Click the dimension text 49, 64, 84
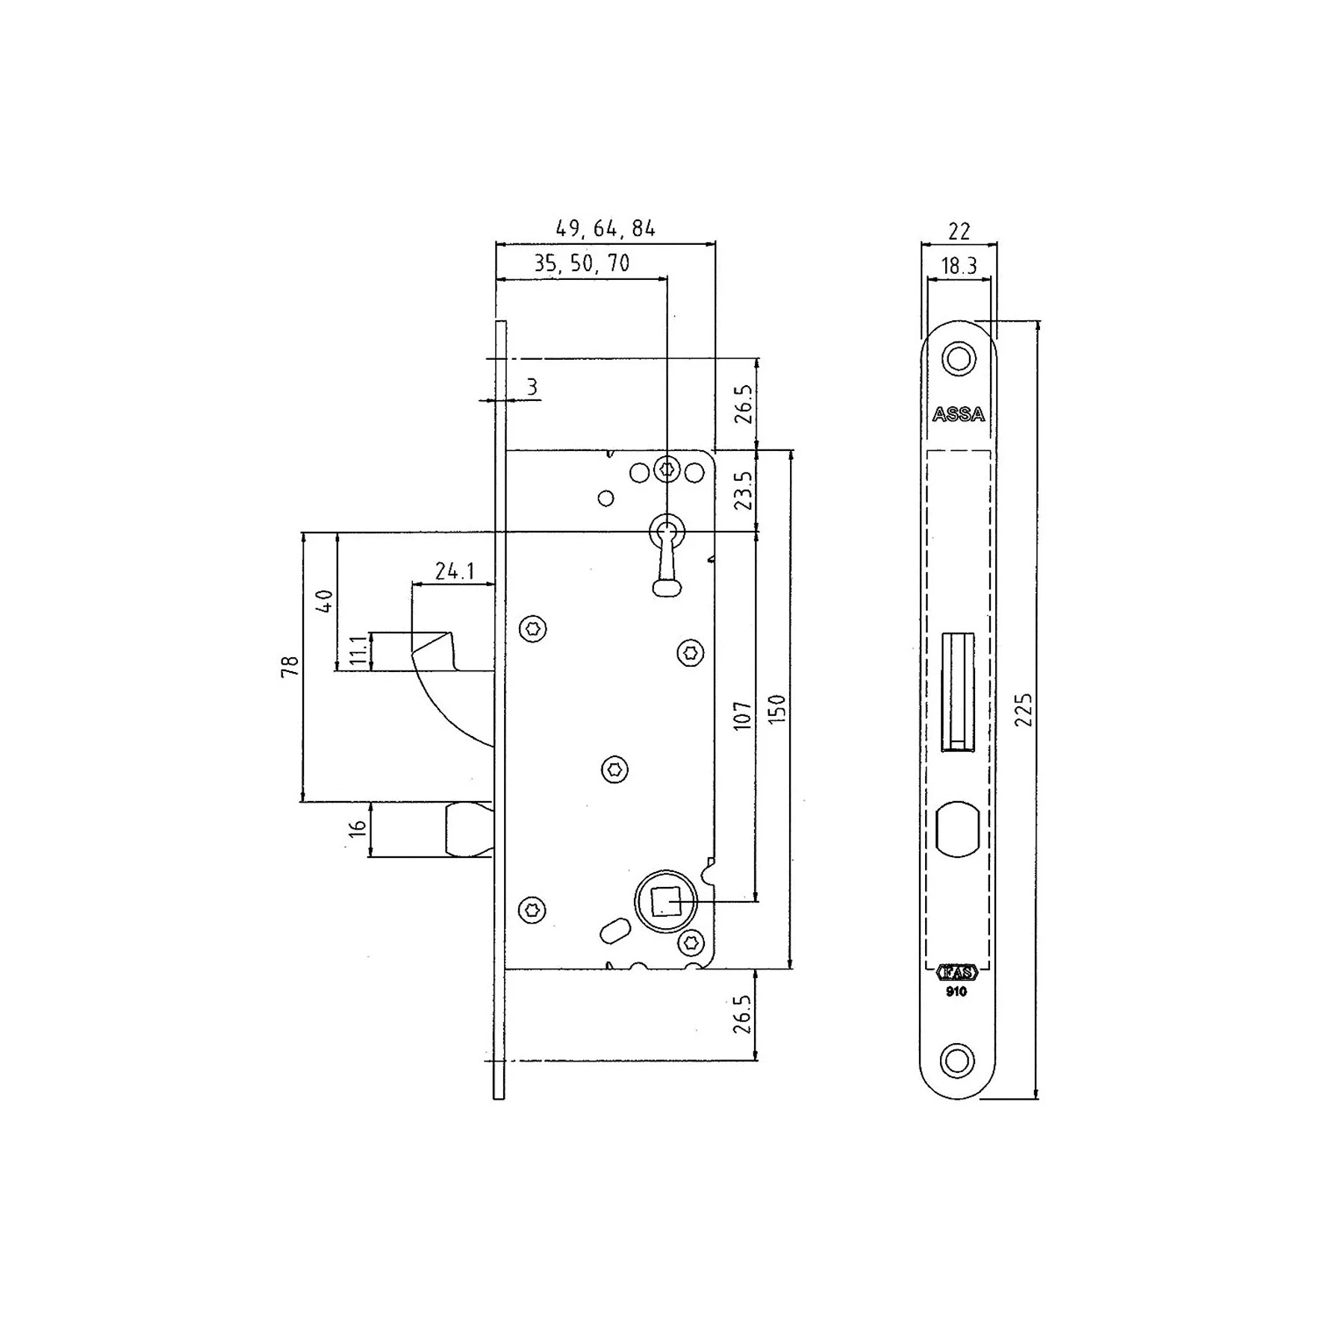coord(606,228)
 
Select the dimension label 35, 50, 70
coord(582,264)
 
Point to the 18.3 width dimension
coord(959,266)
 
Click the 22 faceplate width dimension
coord(959,231)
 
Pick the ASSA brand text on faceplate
coord(959,414)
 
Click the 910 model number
coord(956,992)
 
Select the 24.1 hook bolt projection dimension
coord(455,571)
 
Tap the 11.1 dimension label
coord(359,651)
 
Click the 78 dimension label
coord(290,666)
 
